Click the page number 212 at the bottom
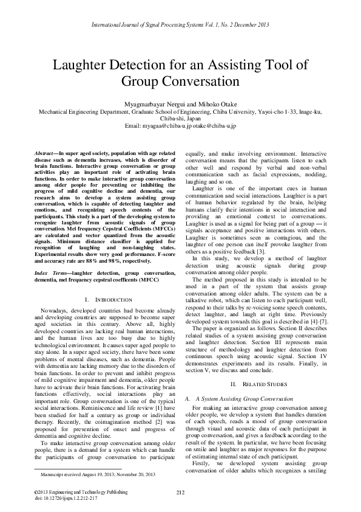tap(180, 492)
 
